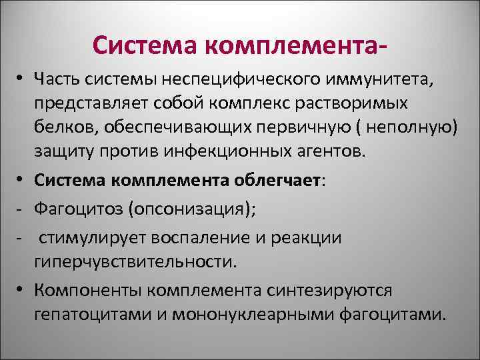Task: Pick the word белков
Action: [65, 128]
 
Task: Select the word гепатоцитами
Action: [97, 314]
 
